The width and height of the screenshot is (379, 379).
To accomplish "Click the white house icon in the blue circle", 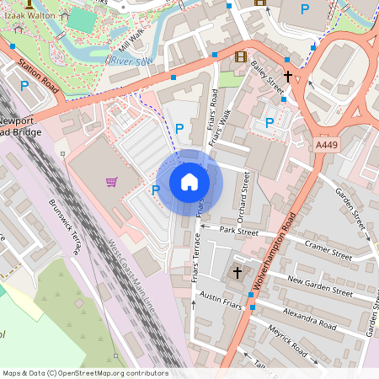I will click(x=189, y=182).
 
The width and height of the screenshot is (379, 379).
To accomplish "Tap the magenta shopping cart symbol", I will click(x=111, y=181).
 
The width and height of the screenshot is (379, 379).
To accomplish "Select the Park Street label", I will click(x=237, y=229).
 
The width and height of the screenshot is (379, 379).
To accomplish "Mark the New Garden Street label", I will click(x=319, y=286).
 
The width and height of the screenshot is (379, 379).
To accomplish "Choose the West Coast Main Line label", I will click(x=131, y=279).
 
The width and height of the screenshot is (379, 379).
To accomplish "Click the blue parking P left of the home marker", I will click(x=155, y=190).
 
